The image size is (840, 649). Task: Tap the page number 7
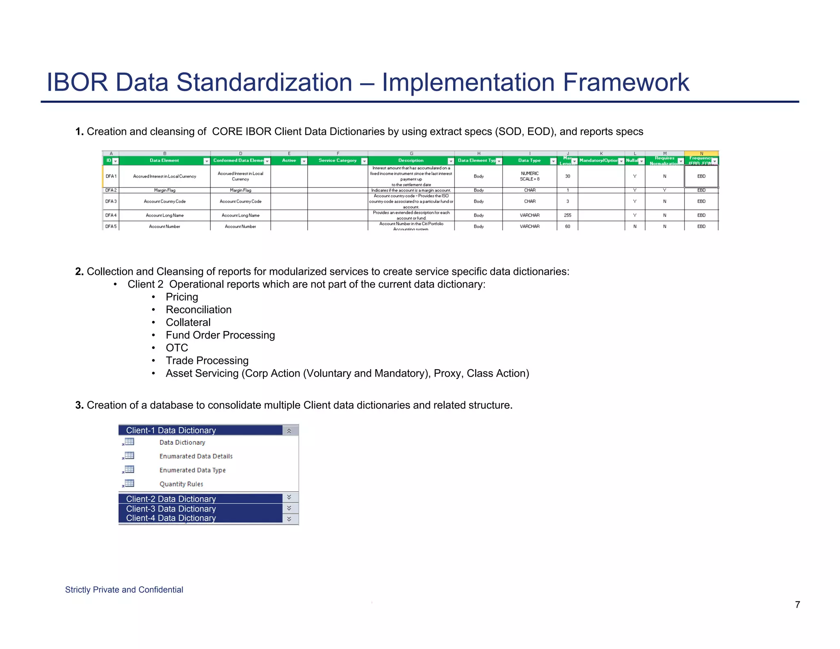tap(797, 604)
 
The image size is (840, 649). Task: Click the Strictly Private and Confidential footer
tap(124, 590)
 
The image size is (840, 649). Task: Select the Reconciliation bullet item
tap(199, 310)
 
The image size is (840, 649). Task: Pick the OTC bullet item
tap(177, 348)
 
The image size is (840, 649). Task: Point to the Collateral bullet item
tap(188, 322)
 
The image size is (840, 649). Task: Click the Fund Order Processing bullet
tap(220, 335)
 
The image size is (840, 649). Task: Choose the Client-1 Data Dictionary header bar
tap(201, 430)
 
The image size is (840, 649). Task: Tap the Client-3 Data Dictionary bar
tap(201, 509)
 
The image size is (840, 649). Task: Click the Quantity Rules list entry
tap(181, 484)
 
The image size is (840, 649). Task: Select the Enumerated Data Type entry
tap(192, 470)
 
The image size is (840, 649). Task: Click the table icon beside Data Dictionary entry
tap(129, 442)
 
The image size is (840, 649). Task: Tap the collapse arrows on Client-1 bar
tap(289, 431)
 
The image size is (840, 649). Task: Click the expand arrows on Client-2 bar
tap(289, 498)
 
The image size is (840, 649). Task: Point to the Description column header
tap(411, 160)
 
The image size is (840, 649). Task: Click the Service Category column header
tap(338, 160)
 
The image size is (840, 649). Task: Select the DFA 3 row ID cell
tap(111, 201)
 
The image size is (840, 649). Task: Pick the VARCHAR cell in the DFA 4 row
tap(530, 215)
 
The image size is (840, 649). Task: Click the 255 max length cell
tap(567, 215)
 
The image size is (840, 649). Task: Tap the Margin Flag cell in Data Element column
tap(164, 190)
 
